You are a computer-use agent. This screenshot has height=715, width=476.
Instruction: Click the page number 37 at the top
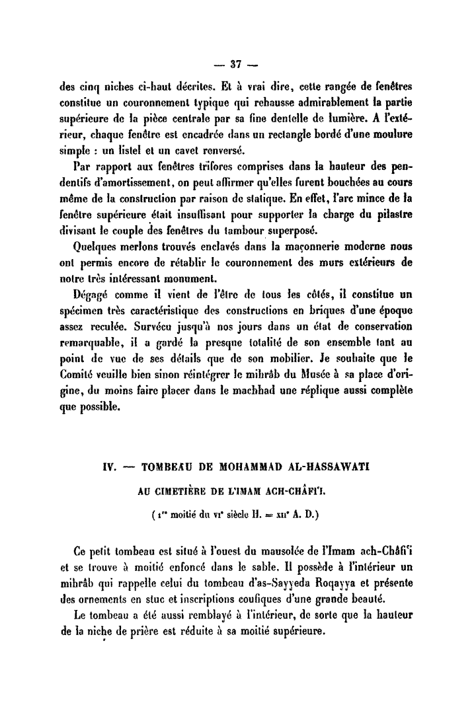click(237, 65)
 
